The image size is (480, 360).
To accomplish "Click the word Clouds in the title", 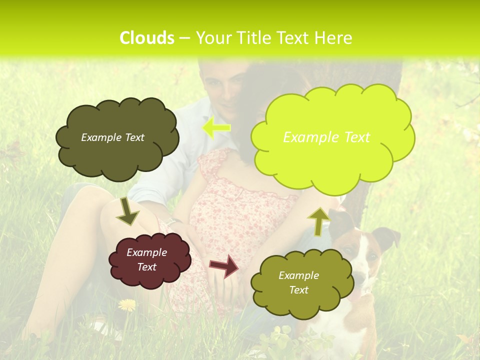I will (x=146, y=38).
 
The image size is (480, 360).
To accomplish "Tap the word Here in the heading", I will (x=334, y=38).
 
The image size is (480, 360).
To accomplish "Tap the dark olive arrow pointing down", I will (x=127, y=211).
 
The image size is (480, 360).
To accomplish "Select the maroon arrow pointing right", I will (x=224, y=266).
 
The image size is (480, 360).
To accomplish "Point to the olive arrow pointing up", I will (x=318, y=220).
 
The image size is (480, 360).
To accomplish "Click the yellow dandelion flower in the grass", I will (x=127, y=304).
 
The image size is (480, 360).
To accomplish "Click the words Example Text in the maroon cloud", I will (x=147, y=260).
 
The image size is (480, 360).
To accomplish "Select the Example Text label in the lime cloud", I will (x=326, y=137).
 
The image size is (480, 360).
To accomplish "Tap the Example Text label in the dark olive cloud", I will (x=112, y=137).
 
